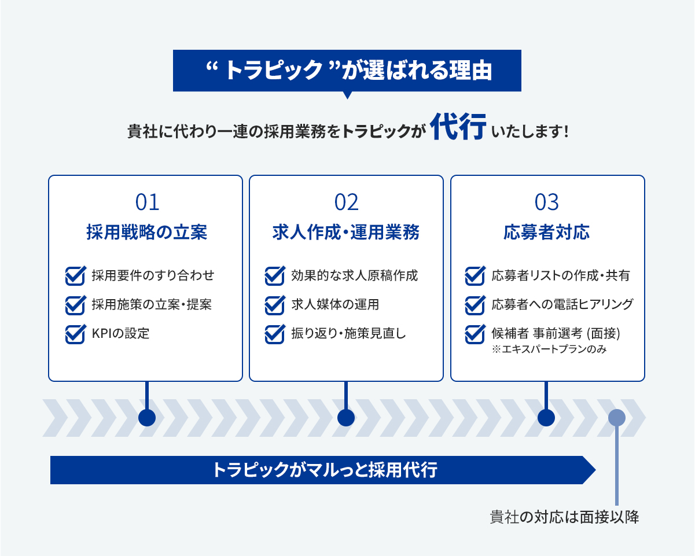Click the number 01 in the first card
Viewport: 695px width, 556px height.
147,202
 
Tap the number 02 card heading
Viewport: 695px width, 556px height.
346,202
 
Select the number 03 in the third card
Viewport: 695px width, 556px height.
546,202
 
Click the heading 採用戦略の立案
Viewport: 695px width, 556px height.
147,232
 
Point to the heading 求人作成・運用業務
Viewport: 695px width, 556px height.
346,232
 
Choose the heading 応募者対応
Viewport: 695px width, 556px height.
546,232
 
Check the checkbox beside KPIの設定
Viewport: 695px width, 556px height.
76,334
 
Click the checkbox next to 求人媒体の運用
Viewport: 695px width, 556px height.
275,305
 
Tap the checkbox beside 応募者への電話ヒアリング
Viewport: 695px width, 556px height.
475,305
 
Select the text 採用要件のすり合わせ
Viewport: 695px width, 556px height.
153,275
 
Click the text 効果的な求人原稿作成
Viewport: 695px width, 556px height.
355,275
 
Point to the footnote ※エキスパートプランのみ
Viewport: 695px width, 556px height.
549,349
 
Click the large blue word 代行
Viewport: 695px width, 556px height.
458,127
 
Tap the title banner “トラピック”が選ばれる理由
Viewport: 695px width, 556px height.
347,71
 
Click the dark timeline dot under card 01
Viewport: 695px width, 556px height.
147,418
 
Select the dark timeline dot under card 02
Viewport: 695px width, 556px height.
346,418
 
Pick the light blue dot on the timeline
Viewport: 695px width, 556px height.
616,418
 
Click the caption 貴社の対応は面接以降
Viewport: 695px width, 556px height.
564,517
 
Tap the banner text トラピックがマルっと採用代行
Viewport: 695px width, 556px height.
325,470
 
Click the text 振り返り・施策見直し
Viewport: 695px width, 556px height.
349,333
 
